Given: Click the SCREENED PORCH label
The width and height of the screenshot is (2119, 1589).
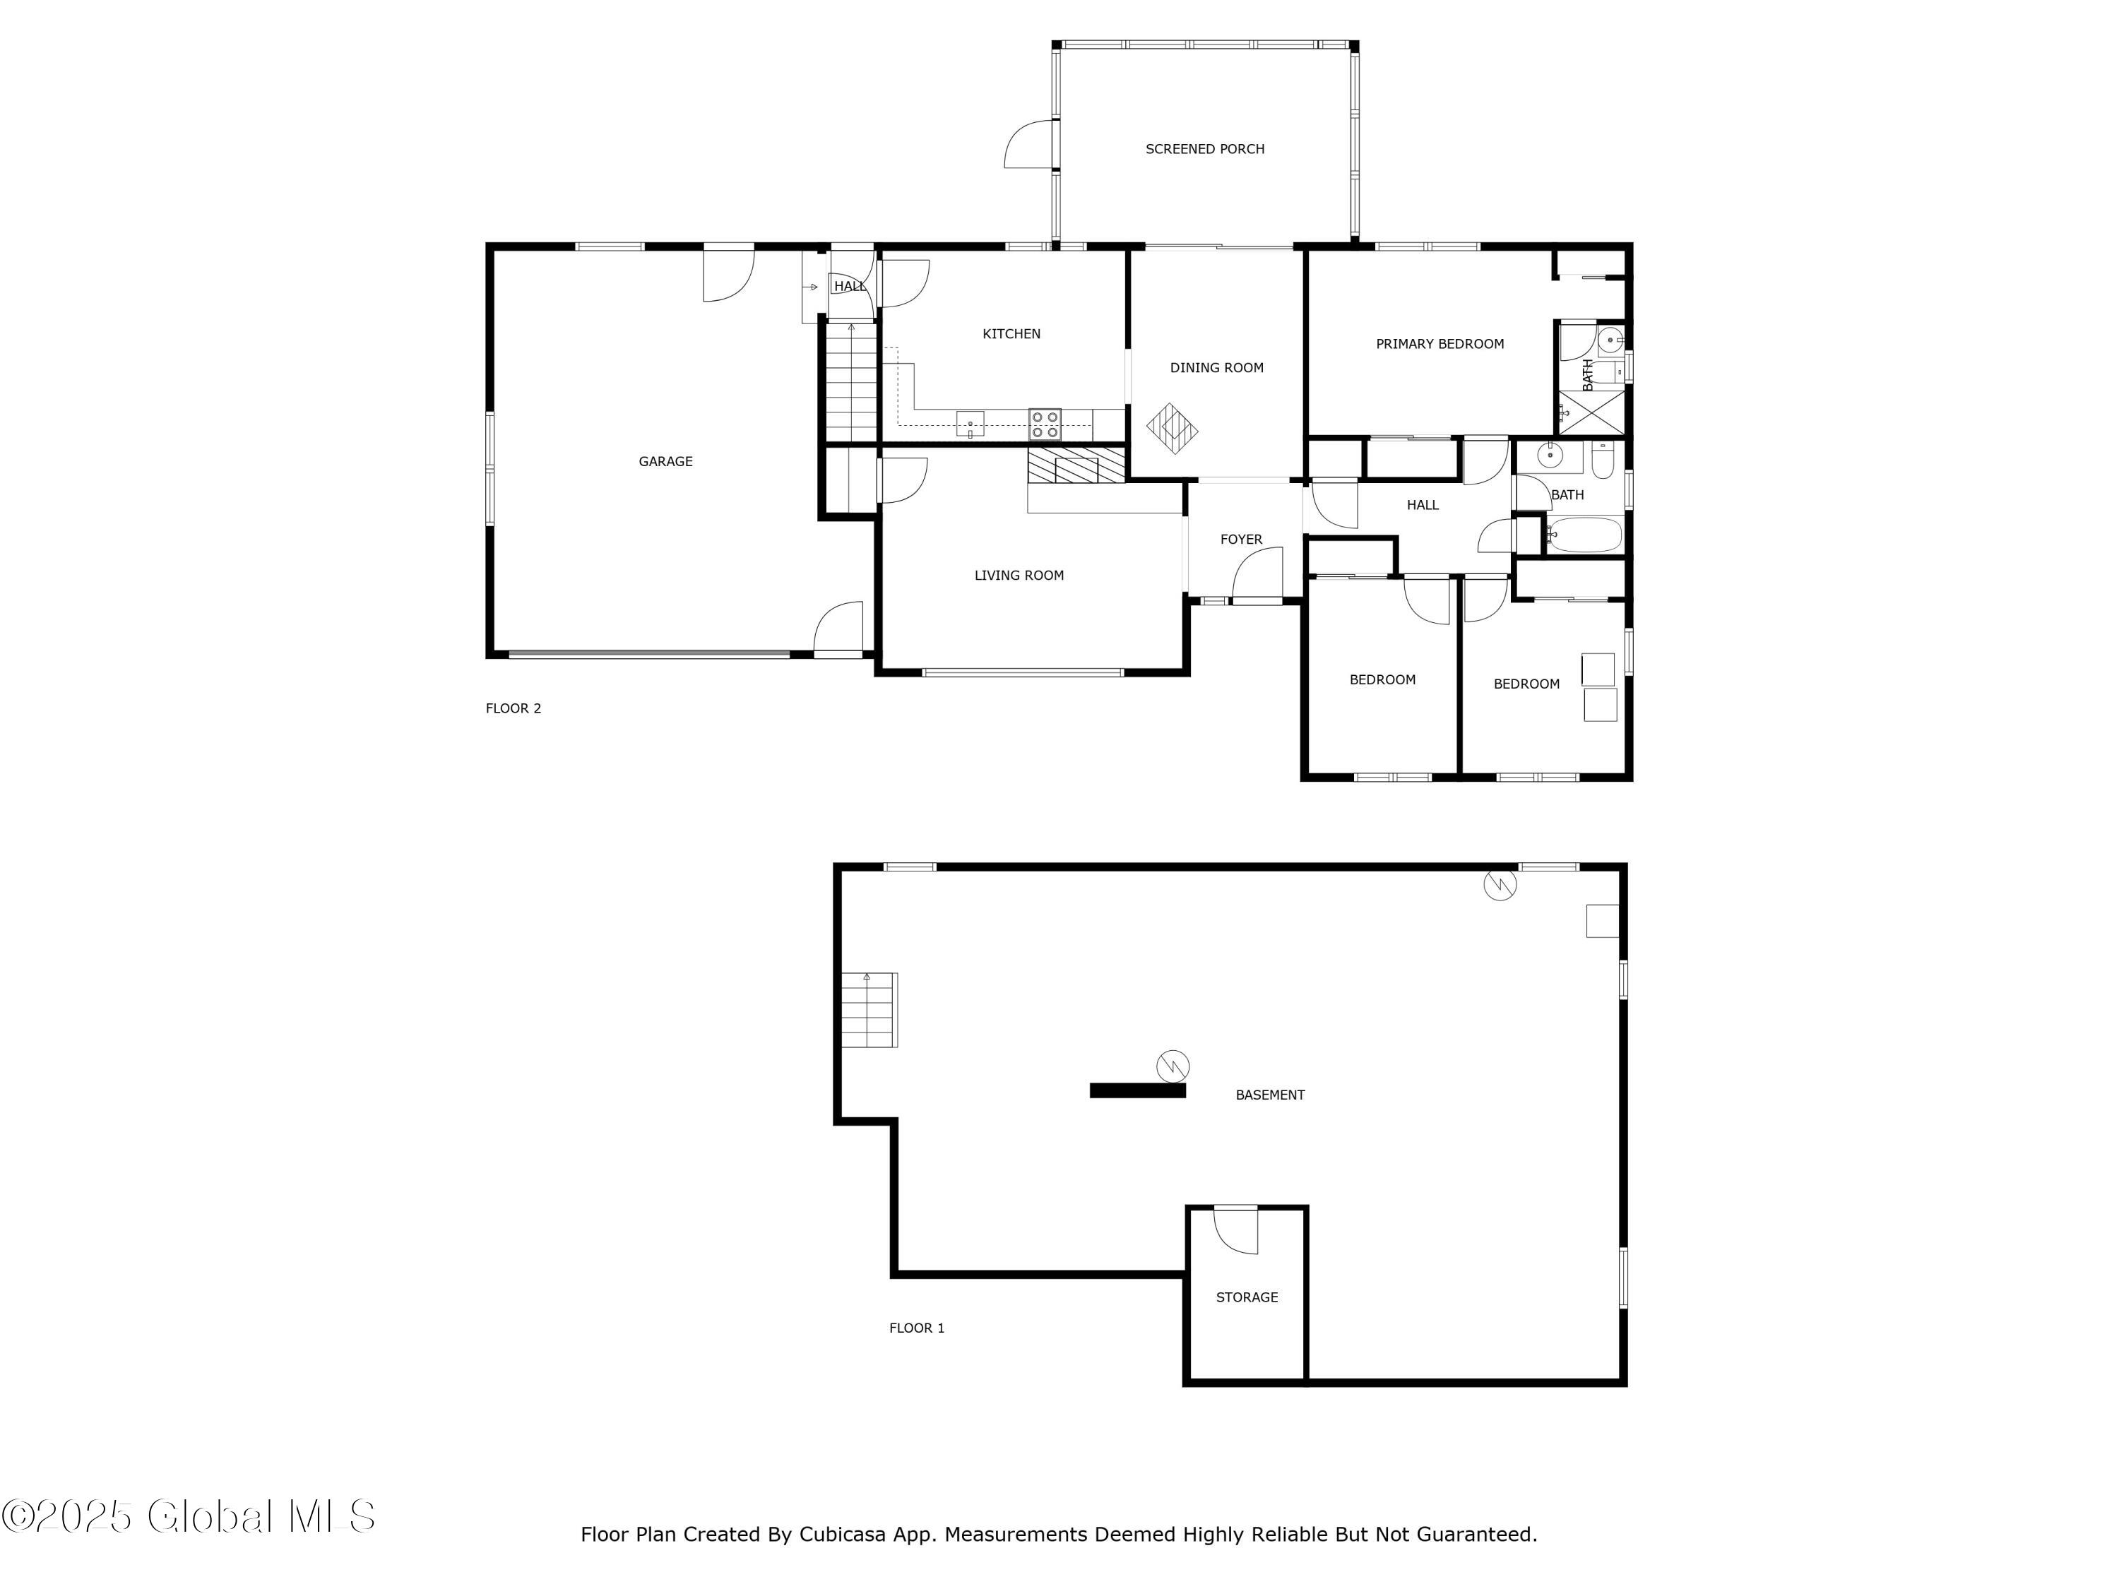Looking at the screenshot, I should click(1204, 148).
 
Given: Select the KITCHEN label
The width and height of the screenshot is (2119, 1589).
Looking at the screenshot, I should click(1011, 334).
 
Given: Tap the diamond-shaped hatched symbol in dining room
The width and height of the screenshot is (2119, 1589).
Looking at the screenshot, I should click(1173, 428).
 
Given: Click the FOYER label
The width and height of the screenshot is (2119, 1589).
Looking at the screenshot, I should click(1240, 540).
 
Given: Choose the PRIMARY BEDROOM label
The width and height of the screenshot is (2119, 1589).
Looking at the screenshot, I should click(1439, 344).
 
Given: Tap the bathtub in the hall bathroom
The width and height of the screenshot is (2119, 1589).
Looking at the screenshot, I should click(1584, 535).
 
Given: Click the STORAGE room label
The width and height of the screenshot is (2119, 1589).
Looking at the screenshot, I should click(1246, 1297).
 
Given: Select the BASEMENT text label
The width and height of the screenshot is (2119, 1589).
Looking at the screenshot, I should click(1269, 1095).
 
